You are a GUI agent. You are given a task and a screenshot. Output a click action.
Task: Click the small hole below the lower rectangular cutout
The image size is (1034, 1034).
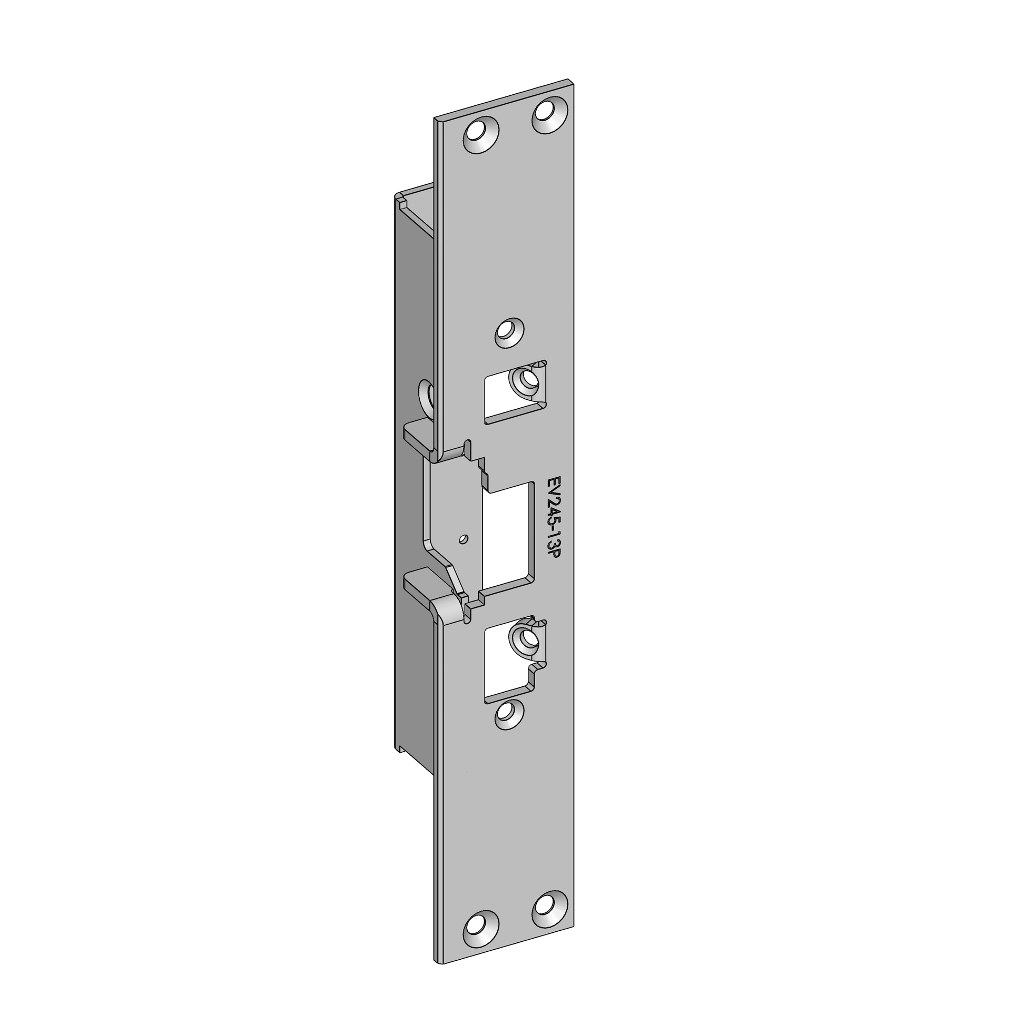point(509,715)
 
